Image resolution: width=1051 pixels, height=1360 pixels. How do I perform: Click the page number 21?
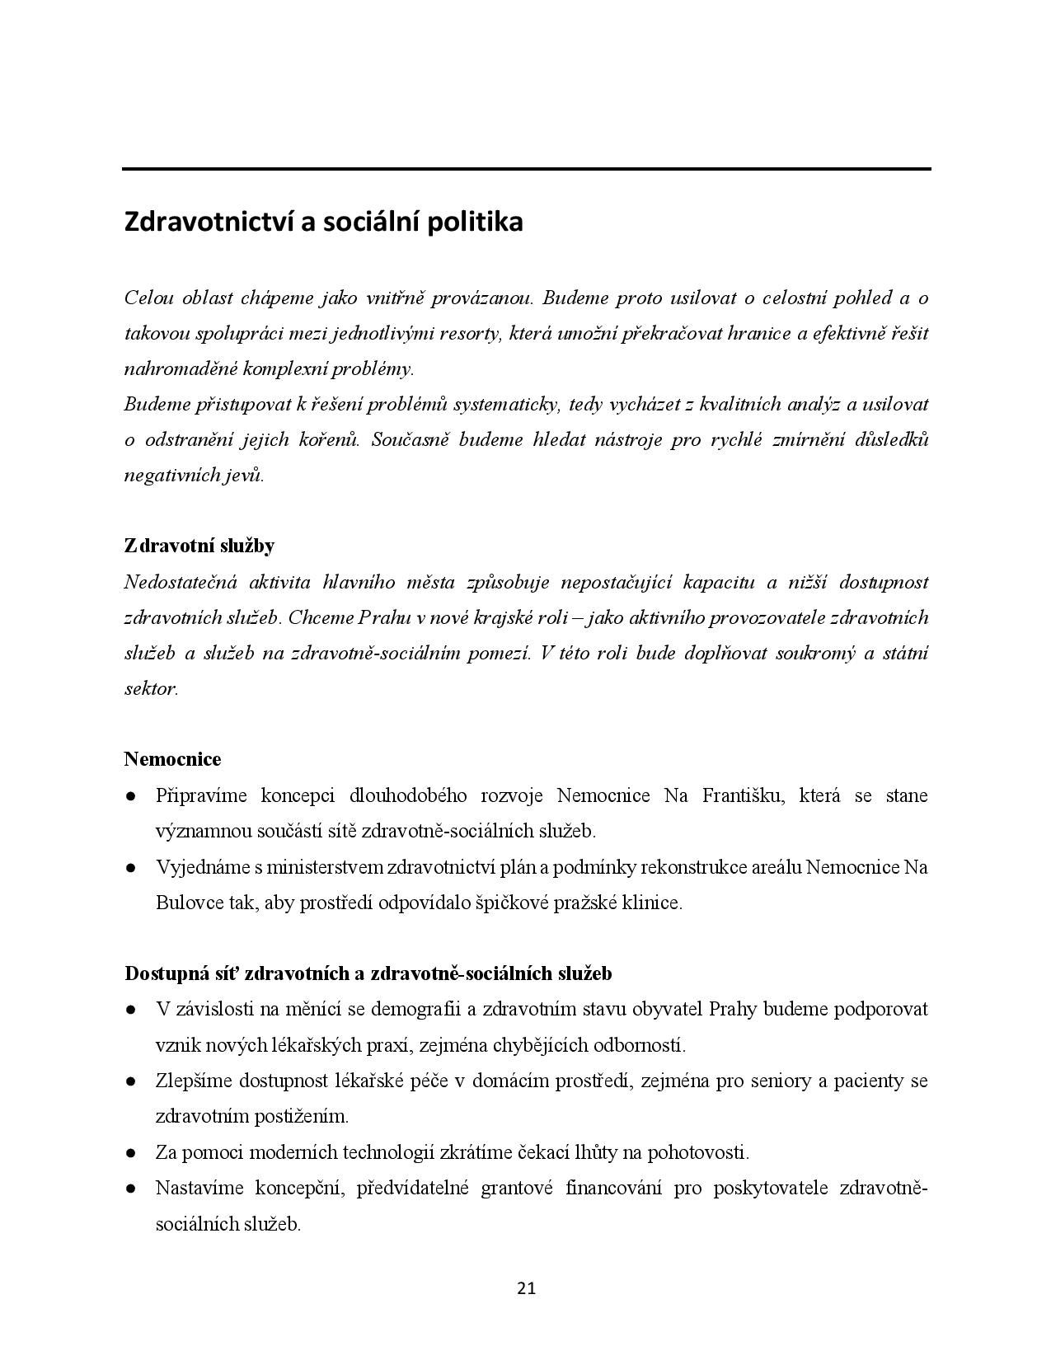point(526,1288)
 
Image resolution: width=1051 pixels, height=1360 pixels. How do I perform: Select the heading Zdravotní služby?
point(199,546)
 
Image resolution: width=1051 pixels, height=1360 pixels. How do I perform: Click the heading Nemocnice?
point(172,758)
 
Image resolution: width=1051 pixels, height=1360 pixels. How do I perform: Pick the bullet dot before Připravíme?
point(131,796)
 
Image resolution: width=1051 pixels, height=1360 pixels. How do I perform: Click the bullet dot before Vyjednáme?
point(131,868)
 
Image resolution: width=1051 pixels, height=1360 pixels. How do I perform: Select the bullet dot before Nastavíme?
point(131,1189)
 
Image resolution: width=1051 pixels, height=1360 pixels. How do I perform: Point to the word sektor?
point(150,689)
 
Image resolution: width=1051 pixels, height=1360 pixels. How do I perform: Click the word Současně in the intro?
point(410,439)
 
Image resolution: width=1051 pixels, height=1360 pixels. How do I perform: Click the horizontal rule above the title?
point(526,169)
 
